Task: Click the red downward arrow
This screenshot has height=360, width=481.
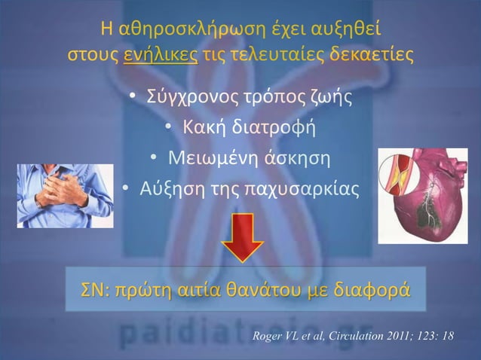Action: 241,237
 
